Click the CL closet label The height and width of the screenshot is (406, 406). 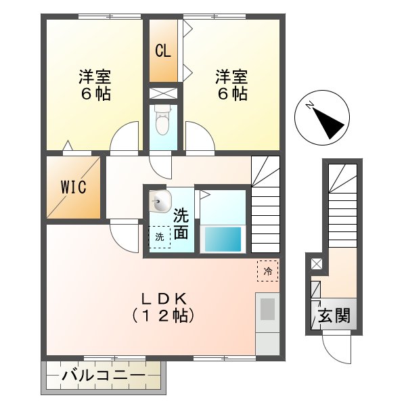162,51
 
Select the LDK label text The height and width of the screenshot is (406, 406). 163,298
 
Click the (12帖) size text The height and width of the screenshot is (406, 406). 163,315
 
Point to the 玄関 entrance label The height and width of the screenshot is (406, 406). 334,315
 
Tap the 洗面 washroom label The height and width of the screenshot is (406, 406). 181,225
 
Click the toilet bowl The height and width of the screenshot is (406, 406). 162,122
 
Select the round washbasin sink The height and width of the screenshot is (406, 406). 161,201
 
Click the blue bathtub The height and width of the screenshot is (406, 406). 223,239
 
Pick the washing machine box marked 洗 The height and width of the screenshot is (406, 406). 160,237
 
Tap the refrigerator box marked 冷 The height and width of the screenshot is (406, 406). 267,271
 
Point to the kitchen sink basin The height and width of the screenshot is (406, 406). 267,309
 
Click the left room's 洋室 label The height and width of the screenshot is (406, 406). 93,76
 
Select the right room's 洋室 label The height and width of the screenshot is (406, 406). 231,76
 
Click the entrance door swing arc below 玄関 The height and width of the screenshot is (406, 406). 336,348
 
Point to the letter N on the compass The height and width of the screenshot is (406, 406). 309,105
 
